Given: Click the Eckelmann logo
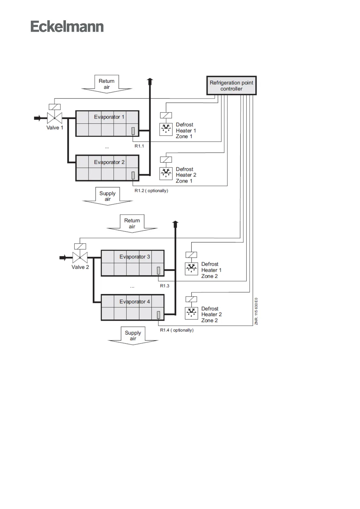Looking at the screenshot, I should coord(67,27).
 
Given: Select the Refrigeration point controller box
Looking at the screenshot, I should coord(231,86).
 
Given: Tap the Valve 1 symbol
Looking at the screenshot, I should coord(55,118).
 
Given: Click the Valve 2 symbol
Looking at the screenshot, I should coord(80,257).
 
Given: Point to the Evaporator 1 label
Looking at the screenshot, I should coord(109,117).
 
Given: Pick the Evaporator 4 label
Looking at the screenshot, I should coord(135,302).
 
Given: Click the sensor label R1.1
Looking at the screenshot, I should coord(139,146).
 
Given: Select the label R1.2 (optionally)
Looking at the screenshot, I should coord(151,191).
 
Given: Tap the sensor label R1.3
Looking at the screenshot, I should coord(164,286).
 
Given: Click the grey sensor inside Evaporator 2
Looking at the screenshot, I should coord(133,175).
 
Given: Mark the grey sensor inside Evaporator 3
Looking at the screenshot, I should coord(158,270).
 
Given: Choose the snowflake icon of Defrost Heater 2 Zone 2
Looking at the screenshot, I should coord(191,313).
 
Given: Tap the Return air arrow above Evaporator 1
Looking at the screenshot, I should coord(107,84).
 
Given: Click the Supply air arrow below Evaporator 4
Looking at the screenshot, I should coord(133,336).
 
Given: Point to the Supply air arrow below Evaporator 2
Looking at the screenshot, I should coord(108,196).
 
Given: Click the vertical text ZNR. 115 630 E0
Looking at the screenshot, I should coord(256,311).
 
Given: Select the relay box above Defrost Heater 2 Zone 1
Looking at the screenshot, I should coord(166,159).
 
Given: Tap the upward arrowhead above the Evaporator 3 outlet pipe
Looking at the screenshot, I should coord(175,224).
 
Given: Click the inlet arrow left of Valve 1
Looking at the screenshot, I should coord(37,118).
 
